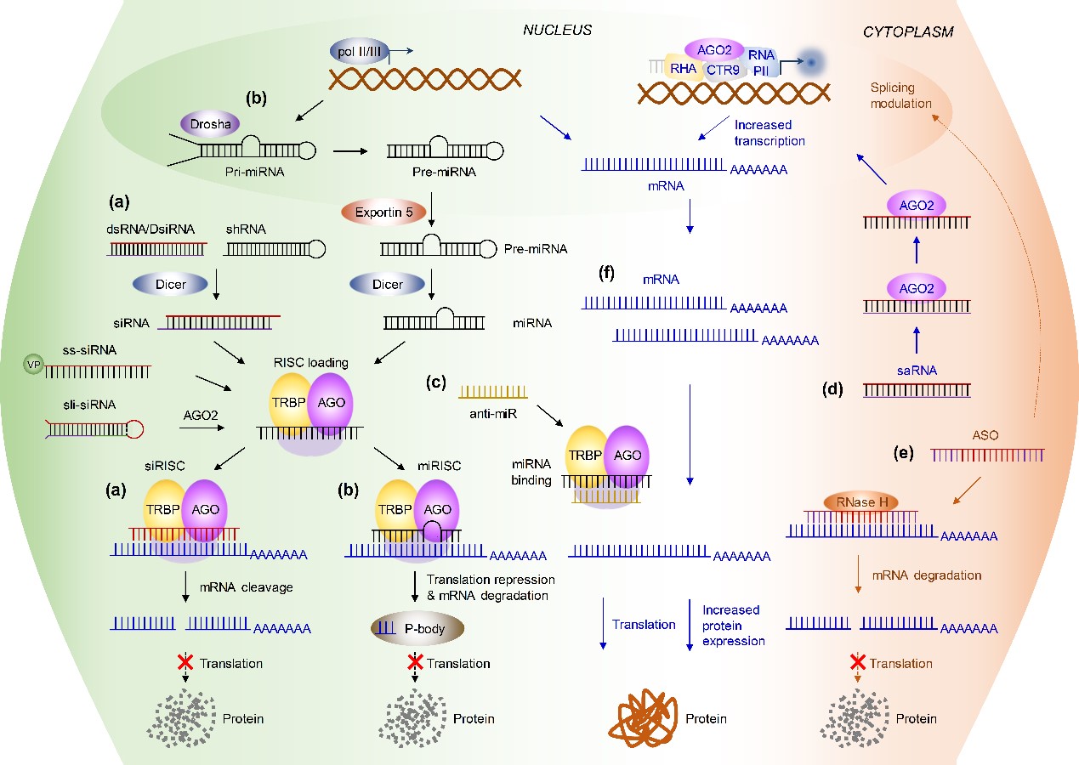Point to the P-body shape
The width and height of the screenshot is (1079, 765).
point(417,628)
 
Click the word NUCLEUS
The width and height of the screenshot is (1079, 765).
point(557,31)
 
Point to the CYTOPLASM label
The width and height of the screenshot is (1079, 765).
point(908,32)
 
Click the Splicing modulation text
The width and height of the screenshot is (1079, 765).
point(900,95)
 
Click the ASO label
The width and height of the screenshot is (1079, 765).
point(986,435)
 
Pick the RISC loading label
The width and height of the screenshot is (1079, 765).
point(316,363)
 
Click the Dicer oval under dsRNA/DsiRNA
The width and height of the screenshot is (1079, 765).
point(171,285)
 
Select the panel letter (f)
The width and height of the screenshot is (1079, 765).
point(606,275)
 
